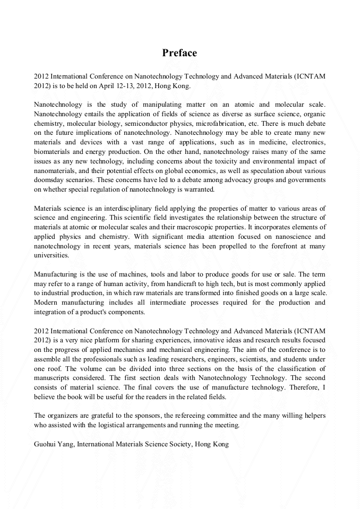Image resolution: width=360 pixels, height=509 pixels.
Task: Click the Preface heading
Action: pyautogui.click(x=179, y=53)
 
